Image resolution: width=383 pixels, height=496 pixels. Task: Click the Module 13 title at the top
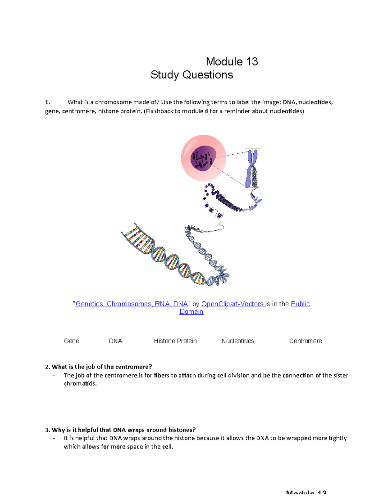(232, 62)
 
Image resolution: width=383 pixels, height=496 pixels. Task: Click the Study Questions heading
(191, 75)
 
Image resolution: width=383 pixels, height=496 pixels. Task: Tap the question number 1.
(48, 103)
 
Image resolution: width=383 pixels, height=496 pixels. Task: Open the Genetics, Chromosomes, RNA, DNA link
(131, 304)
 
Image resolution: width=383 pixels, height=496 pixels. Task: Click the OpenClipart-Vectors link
(233, 304)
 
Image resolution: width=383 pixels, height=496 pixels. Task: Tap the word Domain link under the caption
(191, 312)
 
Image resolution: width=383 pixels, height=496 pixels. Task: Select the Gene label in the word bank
(71, 341)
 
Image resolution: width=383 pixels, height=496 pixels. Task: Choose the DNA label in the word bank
(116, 341)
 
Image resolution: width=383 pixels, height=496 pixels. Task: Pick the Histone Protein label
(175, 341)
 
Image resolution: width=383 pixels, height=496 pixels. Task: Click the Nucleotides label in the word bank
(237, 341)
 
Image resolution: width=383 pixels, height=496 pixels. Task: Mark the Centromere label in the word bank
(305, 341)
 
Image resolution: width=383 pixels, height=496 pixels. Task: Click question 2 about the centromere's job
(101, 367)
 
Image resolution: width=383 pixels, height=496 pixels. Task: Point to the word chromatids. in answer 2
(80, 384)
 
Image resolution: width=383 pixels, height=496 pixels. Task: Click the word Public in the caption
(300, 304)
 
